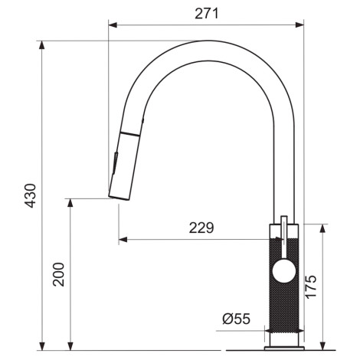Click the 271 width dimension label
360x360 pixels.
[207, 14]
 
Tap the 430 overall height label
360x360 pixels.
[31, 195]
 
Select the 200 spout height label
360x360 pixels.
[58, 274]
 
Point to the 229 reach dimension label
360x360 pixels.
[201, 227]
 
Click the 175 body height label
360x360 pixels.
[311, 286]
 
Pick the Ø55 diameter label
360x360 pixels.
[236, 319]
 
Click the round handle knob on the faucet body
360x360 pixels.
[284, 271]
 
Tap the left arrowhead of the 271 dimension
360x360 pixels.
[113, 25]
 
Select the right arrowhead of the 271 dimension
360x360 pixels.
[299, 25]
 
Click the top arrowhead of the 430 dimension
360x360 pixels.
[42, 45]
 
